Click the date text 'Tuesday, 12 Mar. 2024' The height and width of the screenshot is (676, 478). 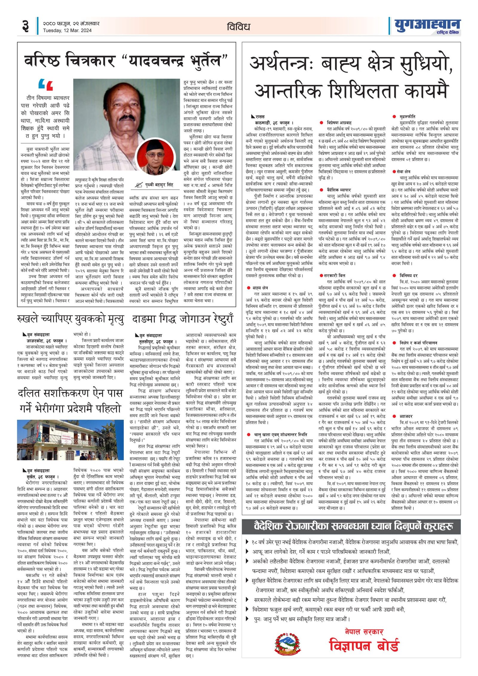pyautogui.click(x=67, y=30)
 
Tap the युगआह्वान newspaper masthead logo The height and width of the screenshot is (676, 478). pyautogui.click(x=428, y=26)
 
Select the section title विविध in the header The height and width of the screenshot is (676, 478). pyautogui.click(x=238, y=27)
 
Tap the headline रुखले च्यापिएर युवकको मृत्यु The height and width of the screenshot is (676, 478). pyautogui.click(x=71, y=319)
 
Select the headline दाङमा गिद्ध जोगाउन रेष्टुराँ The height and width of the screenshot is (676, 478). pyautogui.click(x=183, y=319)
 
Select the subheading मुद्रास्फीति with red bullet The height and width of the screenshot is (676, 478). pyautogui.click(x=407, y=117)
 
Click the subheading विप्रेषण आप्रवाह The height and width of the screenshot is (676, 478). pyautogui.click(x=339, y=122)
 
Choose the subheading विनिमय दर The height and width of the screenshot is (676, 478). pyautogui.click(x=408, y=275)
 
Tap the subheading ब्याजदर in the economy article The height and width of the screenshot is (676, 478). pyautogui.click(x=406, y=416)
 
